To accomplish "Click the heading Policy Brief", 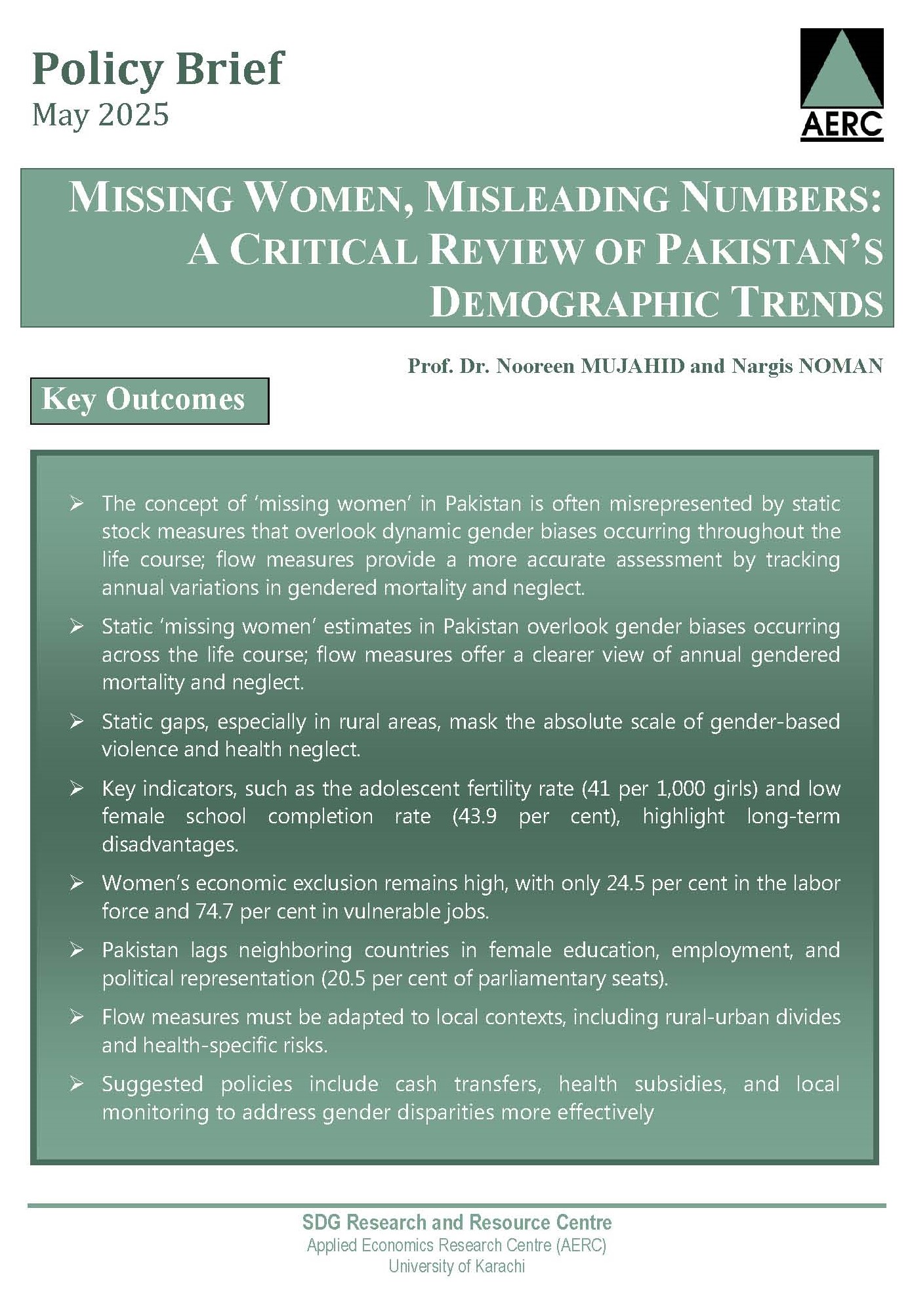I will tap(157, 68).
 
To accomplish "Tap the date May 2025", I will tap(100, 115).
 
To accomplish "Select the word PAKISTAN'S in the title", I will tap(770, 251).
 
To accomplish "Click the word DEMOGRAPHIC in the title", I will tap(573, 303).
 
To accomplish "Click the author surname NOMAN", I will tap(840, 366).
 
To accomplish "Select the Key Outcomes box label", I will tap(144, 400).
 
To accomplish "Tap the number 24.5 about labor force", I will tap(626, 883).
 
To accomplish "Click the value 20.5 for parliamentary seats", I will tap(345, 978).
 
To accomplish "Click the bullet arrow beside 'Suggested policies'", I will tap(77, 1084).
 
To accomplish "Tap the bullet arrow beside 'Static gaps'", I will tap(77, 721).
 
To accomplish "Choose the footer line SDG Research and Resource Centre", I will tap(457, 1222).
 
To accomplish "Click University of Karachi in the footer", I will tap(457, 1266).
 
